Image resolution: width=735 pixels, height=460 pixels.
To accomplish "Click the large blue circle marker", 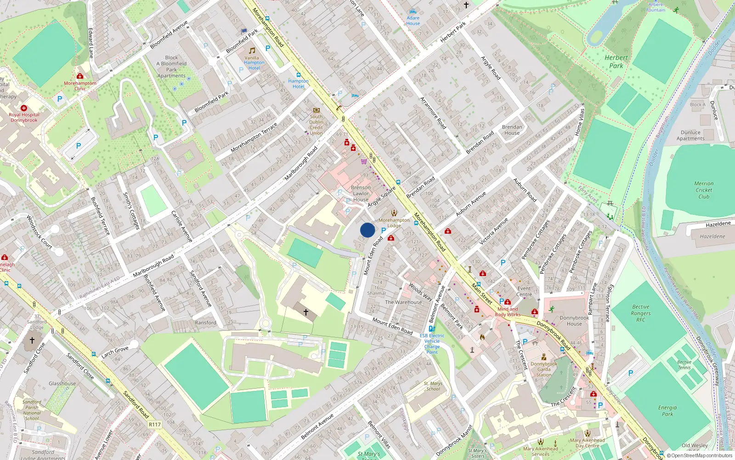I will click(x=367, y=230).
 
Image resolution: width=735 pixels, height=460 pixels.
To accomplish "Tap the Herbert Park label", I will click(x=616, y=62).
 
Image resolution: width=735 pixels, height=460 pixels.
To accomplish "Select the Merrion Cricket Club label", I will click(x=704, y=190).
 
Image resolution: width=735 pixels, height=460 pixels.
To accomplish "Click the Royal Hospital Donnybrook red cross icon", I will click(x=24, y=108).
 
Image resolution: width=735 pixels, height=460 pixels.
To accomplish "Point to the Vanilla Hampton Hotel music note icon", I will click(x=252, y=51).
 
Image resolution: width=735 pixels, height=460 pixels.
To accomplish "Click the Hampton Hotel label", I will click(x=299, y=84).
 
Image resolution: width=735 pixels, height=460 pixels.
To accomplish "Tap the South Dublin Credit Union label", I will click(x=316, y=125).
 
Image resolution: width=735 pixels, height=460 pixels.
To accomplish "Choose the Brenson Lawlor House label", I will click(x=361, y=193).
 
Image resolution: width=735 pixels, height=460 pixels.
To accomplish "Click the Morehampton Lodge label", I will click(x=394, y=223).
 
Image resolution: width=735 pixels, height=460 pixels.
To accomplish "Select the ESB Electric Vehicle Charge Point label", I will click(x=432, y=344).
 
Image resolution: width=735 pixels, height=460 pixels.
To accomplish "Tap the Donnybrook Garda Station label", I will click(x=544, y=369).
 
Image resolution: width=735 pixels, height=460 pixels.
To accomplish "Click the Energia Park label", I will click(x=667, y=411).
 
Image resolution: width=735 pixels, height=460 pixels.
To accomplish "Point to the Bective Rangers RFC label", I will click(x=641, y=313).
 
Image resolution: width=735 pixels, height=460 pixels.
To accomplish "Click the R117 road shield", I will click(x=155, y=425).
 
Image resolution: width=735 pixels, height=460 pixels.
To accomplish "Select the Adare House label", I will click(x=413, y=21).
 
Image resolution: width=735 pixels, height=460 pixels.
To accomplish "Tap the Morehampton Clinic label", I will click(x=80, y=86).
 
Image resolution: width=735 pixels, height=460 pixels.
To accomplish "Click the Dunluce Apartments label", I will click(x=690, y=135).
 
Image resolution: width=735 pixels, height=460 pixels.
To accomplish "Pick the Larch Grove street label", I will click(x=115, y=352).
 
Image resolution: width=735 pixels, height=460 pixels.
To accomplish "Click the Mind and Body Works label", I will click(x=508, y=312).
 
